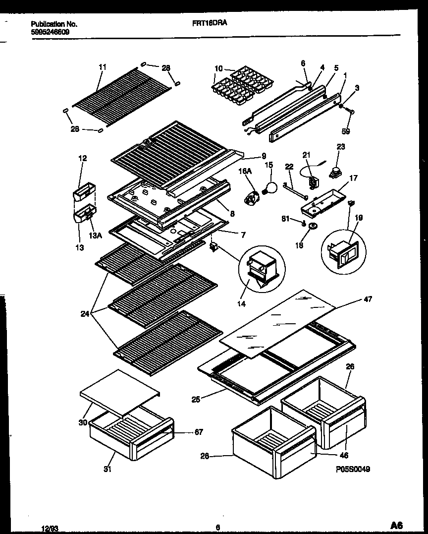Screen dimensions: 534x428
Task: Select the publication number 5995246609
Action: coord(50,31)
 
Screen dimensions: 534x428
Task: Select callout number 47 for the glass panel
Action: coord(368,299)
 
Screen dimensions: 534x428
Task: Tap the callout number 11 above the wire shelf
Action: coord(102,66)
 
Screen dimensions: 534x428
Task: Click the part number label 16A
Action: coord(246,171)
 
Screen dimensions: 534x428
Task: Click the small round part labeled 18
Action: coord(313,227)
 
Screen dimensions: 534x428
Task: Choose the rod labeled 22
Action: coord(296,190)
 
